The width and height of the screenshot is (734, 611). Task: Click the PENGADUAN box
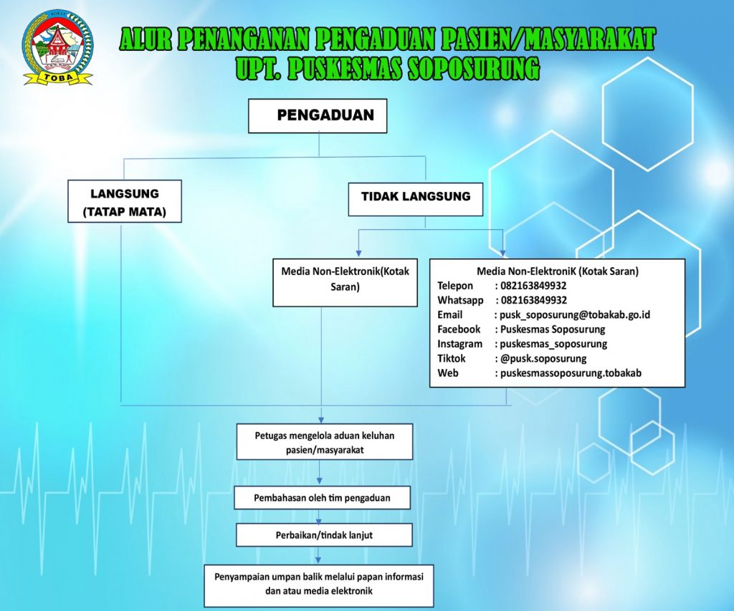(x=318, y=115)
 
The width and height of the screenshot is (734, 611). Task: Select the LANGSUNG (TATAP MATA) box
(x=125, y=201)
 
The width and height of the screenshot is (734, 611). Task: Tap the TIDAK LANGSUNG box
(x=415, y=199)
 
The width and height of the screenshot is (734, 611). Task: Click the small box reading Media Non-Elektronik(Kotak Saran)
(x=345, y=282)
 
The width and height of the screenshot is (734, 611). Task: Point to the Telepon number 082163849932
(x=533, y=286)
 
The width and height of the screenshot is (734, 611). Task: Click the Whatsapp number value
(x=533, y=300)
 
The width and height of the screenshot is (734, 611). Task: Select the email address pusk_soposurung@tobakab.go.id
(x=575, y=315)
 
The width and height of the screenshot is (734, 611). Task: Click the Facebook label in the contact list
(x=459, y=329)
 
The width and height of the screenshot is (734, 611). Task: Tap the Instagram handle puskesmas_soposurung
(x=553, y=345)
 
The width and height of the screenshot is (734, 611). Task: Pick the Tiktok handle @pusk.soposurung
(x=543, y=359)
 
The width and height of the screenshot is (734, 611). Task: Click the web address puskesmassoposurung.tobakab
(x=571, y=373)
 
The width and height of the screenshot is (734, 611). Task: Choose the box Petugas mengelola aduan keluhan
(x=325, y=442)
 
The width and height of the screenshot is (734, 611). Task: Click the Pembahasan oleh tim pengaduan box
(x=322, y=498)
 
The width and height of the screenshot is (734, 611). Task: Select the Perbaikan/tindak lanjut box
(x=324, y=535)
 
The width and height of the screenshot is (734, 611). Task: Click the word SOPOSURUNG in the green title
(x=473, y=68)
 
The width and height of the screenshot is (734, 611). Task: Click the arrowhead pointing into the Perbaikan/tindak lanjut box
(x=319, y=521)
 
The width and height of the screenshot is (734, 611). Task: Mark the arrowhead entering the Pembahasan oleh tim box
(x=319, y=481)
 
